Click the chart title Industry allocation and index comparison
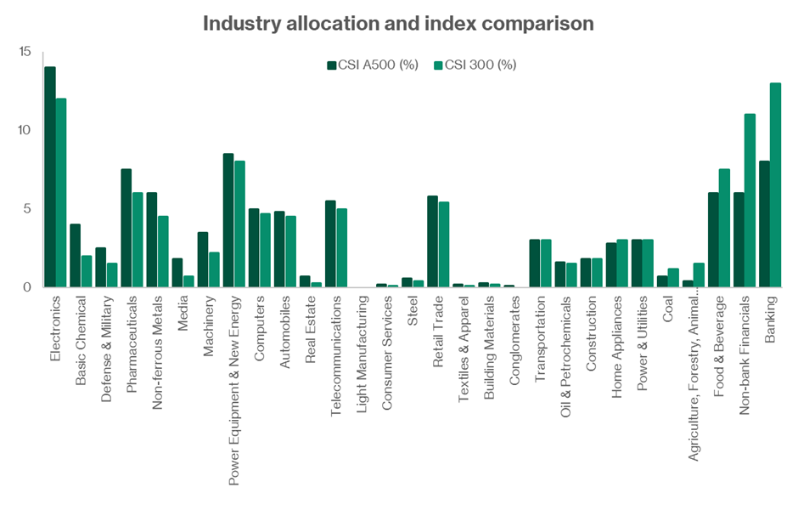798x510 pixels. point(398,23)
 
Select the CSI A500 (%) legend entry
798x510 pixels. point(373,65)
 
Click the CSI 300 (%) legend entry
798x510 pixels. point(475,65)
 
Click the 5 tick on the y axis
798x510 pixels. point(26,208)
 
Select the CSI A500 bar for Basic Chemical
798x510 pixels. point(76,255)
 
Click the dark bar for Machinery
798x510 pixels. point(203,259)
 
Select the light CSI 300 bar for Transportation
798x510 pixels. point(546,263)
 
